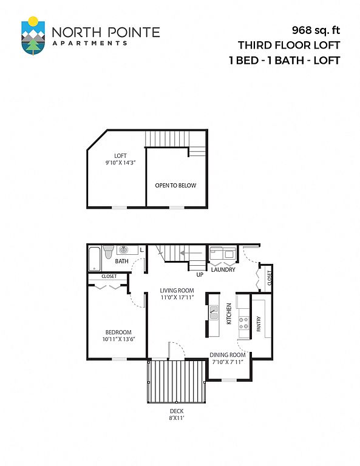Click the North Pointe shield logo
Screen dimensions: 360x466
pos(33,36)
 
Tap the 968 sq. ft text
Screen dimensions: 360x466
pos(316,30)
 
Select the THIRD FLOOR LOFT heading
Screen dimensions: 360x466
pos(288,46)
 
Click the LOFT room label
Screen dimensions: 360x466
pos(120,156)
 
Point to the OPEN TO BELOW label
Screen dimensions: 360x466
pos(175,186)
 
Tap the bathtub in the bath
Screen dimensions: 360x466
pos(95,258)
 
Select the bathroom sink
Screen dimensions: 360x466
pos(124,250)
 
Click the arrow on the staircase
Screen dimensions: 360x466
pos(191,253)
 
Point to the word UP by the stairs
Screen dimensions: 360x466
pos(200,275)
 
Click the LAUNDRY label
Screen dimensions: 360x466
pos(223,269)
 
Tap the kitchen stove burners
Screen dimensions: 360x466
pos(244,323)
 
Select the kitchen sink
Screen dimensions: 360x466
pos(214,313)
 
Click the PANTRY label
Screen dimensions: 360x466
pos(259,323)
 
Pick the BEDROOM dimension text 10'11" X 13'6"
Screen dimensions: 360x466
pos(118,339)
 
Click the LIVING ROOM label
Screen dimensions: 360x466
pos(177,291)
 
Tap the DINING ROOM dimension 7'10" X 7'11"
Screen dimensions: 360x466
pos(228,362)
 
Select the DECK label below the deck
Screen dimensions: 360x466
pos(177,411)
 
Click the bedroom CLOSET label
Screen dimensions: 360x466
pos(109,277)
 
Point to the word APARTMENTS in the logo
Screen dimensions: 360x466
pos(90,43)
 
